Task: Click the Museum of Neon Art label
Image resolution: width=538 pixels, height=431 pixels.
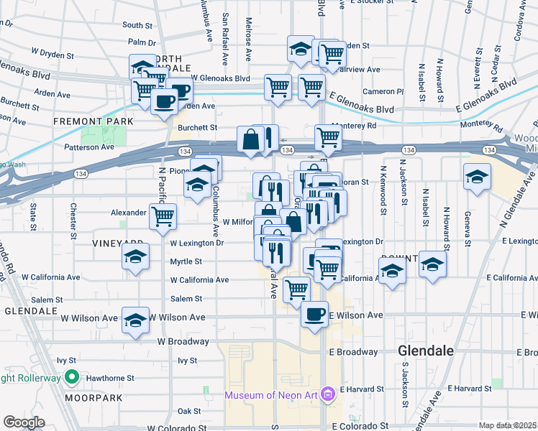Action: [x=271, y=395]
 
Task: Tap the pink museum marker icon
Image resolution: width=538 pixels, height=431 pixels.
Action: [x=328, y=394]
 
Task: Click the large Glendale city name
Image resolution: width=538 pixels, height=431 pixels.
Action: [x=426, y=351]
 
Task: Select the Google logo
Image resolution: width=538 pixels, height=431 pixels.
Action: [x=24, y=422]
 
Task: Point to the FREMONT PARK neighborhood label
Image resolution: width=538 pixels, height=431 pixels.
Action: [x=94, y=121]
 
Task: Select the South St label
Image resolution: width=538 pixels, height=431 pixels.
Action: [x=137, y=24]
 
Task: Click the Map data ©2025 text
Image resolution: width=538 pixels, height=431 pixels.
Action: [x=508, y=425]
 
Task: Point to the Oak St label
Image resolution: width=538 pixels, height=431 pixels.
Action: [x=189, y=411]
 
